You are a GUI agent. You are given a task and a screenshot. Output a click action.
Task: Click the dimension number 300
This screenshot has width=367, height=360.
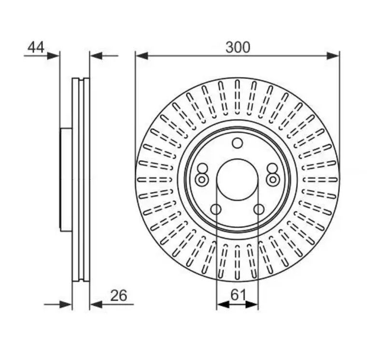pyautogui.click(x=238, y=47)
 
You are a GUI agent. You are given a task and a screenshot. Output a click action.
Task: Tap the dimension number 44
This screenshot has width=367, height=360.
pyautogui.click(x=36, y=47)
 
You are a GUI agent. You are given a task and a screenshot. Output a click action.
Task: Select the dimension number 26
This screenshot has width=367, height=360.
pyautogui.click(x=119, y=295)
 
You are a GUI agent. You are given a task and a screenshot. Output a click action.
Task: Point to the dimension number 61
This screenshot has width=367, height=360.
pyautogui.click(x=238, y=295)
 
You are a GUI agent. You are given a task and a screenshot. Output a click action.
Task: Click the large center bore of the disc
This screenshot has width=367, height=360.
pyautogui.click(x=237, y=180)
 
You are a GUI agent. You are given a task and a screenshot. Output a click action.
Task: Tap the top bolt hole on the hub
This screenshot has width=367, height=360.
pyautogui.click(x=237, y=143)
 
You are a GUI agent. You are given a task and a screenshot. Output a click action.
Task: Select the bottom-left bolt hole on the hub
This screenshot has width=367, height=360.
pyautogui.click(x=216, y=209)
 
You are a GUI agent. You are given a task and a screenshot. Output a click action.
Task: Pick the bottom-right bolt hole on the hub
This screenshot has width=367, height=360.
pyautogui.click(x=259, y=209)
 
